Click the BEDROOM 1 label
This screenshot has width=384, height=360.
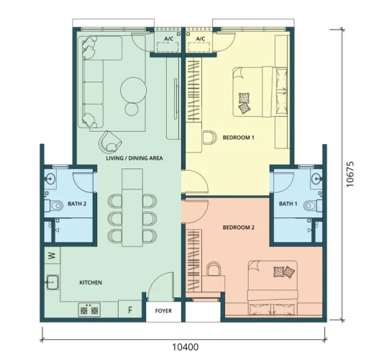238,138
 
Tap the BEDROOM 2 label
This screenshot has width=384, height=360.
239,228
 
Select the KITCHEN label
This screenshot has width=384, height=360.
91,282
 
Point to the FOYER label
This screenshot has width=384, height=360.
163,311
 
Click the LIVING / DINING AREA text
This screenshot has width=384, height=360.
134,158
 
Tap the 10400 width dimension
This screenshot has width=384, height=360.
185,347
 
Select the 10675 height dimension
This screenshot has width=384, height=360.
350,174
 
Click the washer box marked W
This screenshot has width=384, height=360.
52,256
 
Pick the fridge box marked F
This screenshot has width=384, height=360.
130,310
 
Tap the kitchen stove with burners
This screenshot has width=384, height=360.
89,310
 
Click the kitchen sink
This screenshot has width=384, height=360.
52,282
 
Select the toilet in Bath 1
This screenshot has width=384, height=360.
313,205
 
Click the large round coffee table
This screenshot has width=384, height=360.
134,90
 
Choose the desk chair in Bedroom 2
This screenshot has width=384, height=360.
214,269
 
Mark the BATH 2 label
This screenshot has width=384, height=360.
77,204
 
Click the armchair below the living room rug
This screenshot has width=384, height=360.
110,142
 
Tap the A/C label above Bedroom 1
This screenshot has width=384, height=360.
201,39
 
